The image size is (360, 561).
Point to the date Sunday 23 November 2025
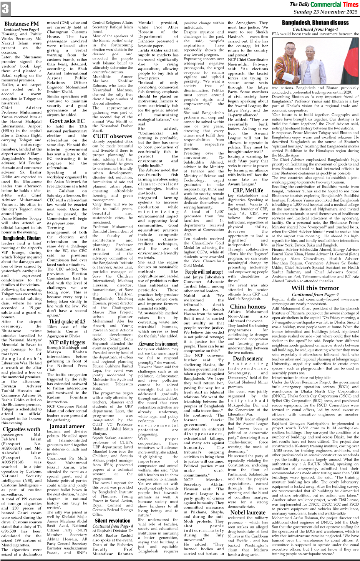(325, 12)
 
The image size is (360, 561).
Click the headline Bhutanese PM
(22, 24)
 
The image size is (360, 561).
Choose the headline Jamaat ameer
(67, 426)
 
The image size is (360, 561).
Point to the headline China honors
(247, 306)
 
